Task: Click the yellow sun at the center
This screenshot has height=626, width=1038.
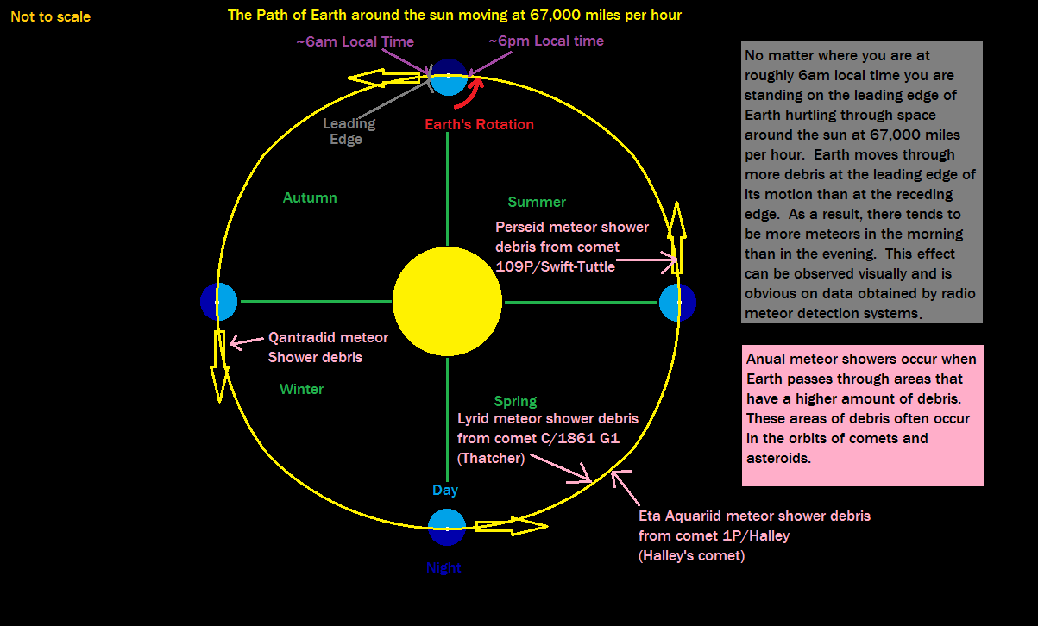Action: tap(447, 301)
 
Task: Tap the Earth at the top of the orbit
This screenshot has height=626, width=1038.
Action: tap(448, 77)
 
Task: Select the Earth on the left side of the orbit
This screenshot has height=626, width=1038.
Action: tap(218, 301)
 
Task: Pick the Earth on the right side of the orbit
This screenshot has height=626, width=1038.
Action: tap(677, 303)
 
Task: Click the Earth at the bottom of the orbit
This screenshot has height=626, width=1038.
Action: tap(447, 527)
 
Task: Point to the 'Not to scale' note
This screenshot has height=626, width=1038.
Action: tap(50, 16)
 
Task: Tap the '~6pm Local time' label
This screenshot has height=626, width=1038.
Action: tap(546, 41)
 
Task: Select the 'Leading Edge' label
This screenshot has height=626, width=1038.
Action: tap(349, 131)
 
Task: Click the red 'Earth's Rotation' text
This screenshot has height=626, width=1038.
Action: tap(479, 124)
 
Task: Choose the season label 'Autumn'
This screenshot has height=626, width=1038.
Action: tap(310, 197)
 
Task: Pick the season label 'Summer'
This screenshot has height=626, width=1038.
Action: tap(537, 202)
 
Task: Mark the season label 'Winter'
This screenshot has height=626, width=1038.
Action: tap(301, 389)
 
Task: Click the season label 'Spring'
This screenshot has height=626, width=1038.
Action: tap(515, 401)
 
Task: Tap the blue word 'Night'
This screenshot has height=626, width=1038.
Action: tap(444, 567)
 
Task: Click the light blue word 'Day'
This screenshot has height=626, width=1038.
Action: tap(445, 490)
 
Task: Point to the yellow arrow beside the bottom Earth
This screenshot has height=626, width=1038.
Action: tap(511, 524)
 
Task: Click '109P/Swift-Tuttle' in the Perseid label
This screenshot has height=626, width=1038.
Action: tap(556, 266)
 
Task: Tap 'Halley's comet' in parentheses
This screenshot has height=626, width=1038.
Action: tap(691, 555)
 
